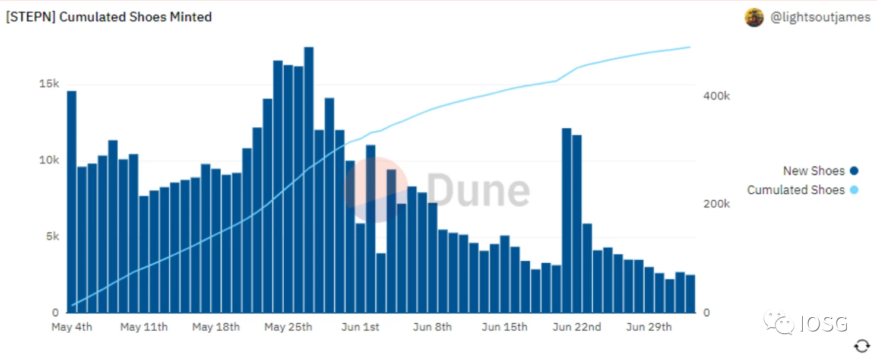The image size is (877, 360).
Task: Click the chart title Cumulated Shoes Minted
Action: (x=109, y=17)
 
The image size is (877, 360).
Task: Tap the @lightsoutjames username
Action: (x=820, y=17)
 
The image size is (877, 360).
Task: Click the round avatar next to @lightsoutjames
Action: (x=754, y=18)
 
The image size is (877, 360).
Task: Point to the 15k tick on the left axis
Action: (x=49, y=84)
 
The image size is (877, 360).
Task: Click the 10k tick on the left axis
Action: (x=49, y=160)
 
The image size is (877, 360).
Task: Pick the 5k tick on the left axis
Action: (x=52, y=236)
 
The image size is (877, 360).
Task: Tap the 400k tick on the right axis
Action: (x=716, y=96)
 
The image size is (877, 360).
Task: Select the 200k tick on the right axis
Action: (x=716, y=204)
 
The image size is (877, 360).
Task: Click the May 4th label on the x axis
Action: (x=72, y=327)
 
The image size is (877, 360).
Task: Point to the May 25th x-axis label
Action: (x=288, y=327)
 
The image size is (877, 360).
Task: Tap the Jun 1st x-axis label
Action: (x=360, y=327)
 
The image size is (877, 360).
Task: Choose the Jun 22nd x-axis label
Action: (x=577, y=327)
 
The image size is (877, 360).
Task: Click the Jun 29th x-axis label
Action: (x=649, y=327)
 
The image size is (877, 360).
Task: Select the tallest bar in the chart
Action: (x=309, y=178)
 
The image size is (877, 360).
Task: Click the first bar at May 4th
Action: (x=72, y=202)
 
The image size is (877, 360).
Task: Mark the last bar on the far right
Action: (x=690, y=293)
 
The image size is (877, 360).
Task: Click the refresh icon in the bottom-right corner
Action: (x=862, y=346)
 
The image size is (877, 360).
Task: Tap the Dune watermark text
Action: (x=478, y=190)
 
